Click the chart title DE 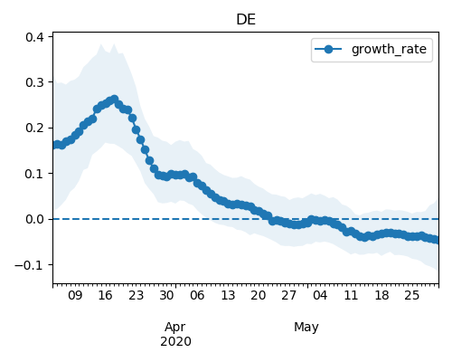[246, 20]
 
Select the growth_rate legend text [389, 49]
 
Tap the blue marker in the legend [328, 49]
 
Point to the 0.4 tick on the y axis [34, 37]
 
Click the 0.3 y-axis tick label [34, 82]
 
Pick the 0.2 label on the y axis [34, 129]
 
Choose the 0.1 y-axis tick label [34, 174]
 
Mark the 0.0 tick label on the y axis [34, 219]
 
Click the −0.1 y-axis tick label [29, 265]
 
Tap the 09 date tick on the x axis [75, 295]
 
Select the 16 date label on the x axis [105, 295]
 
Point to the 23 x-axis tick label [136, 295]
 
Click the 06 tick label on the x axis [197, 295]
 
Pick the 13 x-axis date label [228, 295]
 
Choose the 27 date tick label [289, 295]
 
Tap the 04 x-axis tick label [320, 295]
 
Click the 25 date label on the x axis [411, 295]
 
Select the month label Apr [175, 328]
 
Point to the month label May [306, 328]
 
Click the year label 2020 [175, 342]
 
